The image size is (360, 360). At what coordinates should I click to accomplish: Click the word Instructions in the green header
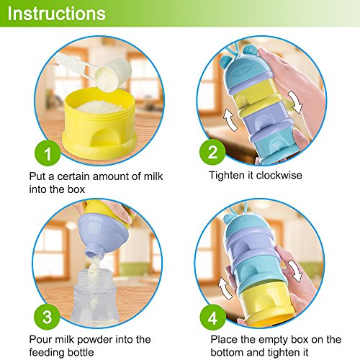click(56, 14)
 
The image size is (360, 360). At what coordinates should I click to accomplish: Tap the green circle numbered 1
click(48, 153)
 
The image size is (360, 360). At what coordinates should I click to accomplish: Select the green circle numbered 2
click(212, 152)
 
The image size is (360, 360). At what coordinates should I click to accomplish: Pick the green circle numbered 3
click(47, 316)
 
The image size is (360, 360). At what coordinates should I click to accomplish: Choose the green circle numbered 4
click(213, 318)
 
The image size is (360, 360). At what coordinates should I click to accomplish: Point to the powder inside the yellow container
click(100, 107)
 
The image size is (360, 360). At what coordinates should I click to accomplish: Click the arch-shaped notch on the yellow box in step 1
click(106, 136)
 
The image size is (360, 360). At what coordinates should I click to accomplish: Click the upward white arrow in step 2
click(230, 120)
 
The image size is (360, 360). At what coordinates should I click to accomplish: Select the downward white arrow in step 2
click(295, 102)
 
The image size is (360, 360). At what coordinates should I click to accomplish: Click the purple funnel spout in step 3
click(94, 251)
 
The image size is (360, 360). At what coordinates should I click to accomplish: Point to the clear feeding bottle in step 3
click(96, 297)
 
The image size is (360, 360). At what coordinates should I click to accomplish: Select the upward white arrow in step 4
click(225, 289)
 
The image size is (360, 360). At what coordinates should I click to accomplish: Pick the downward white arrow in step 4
click(294, 271)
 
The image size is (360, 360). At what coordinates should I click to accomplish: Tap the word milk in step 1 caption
click(153, 176)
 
